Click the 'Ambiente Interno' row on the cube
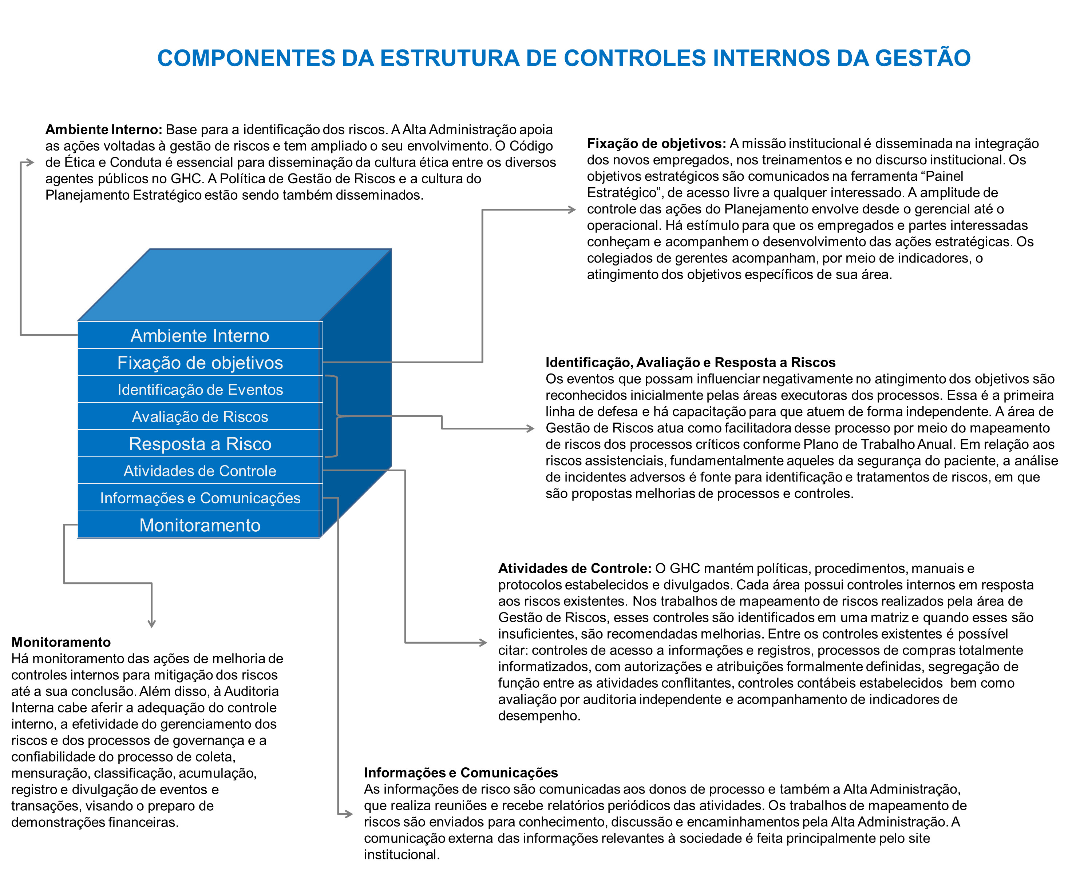coord(200,336)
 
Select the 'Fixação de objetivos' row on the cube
coord(200,363)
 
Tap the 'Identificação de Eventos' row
coord(200,390)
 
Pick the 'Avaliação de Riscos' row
coord(200,417)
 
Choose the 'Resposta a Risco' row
coord(200,444)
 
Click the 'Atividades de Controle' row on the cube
coord(200,471)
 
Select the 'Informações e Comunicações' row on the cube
coord(200,498)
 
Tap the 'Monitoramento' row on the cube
coord(200,525)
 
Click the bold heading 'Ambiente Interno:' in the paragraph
coord(103,129)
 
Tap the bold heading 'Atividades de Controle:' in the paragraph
coord(574,568)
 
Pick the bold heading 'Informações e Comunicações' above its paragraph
coord(461,773)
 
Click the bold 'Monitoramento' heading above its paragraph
coord(61,642)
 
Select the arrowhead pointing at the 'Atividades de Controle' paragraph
coord(483,643)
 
